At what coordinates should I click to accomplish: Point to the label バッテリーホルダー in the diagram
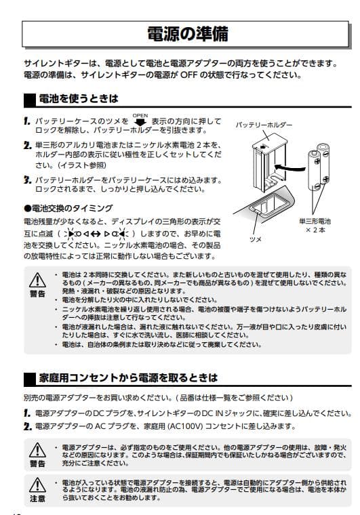point(264,125)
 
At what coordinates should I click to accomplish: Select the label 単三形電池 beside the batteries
point(315,221)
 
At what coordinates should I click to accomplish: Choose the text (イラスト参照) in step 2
point(79,165)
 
